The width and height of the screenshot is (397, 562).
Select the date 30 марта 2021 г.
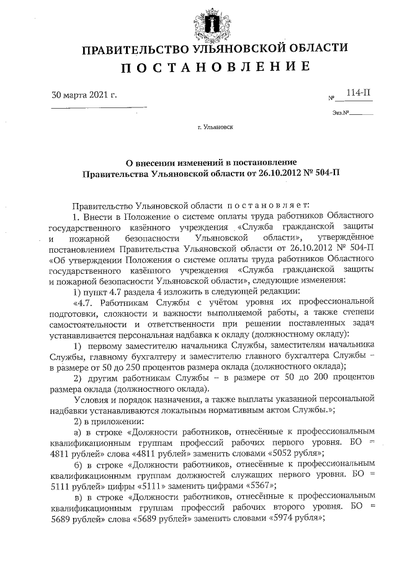[84, 95]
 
